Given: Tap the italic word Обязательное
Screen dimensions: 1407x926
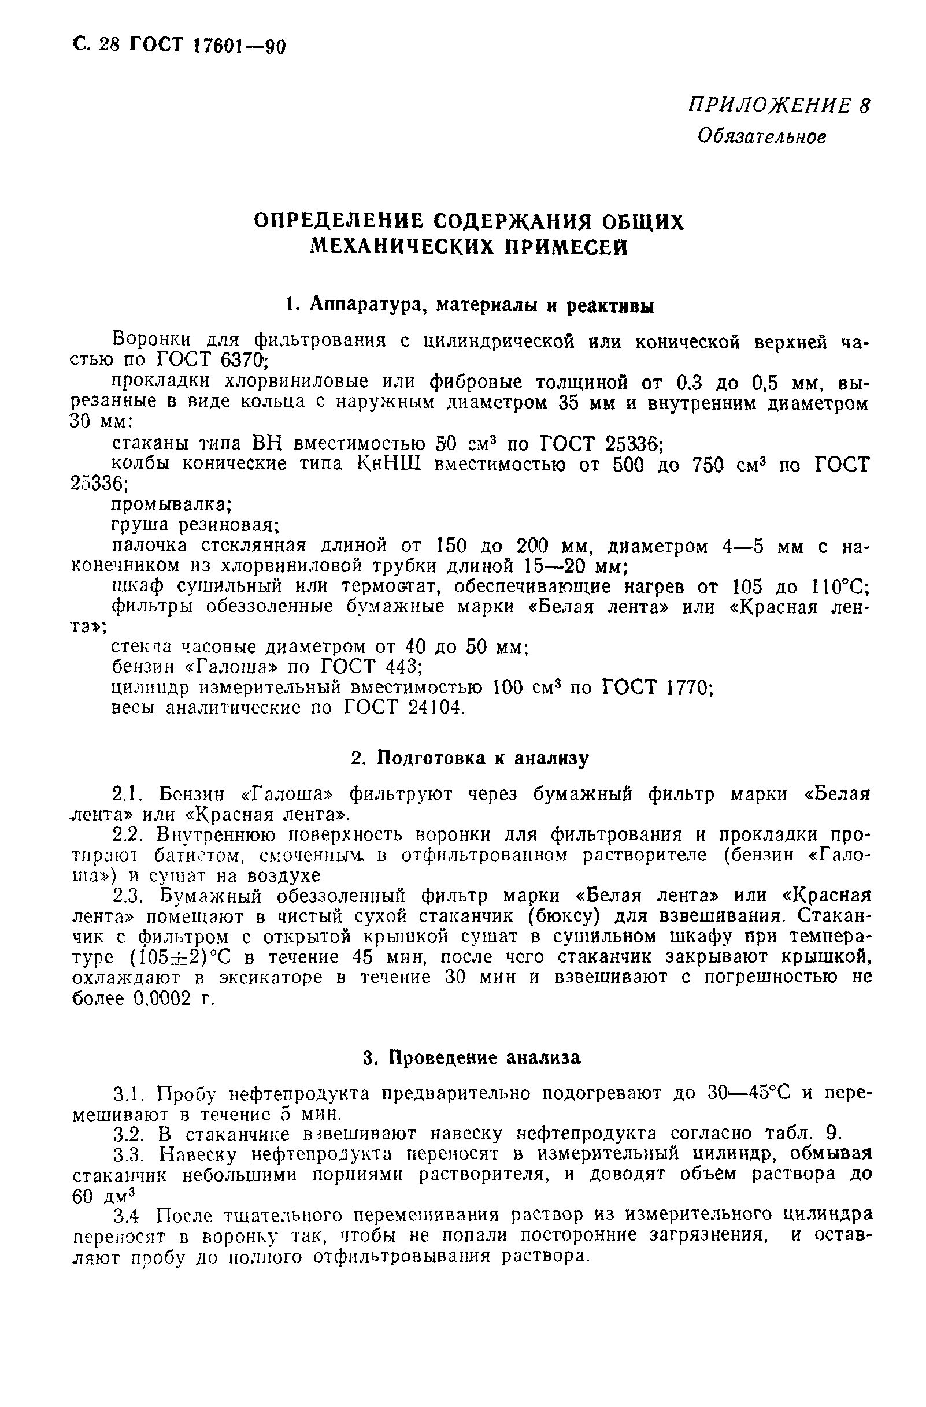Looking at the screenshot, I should click(761, 137).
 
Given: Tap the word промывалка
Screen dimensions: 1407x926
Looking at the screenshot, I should click(171, 505).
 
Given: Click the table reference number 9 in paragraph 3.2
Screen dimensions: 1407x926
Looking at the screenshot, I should click(832, 1133).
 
